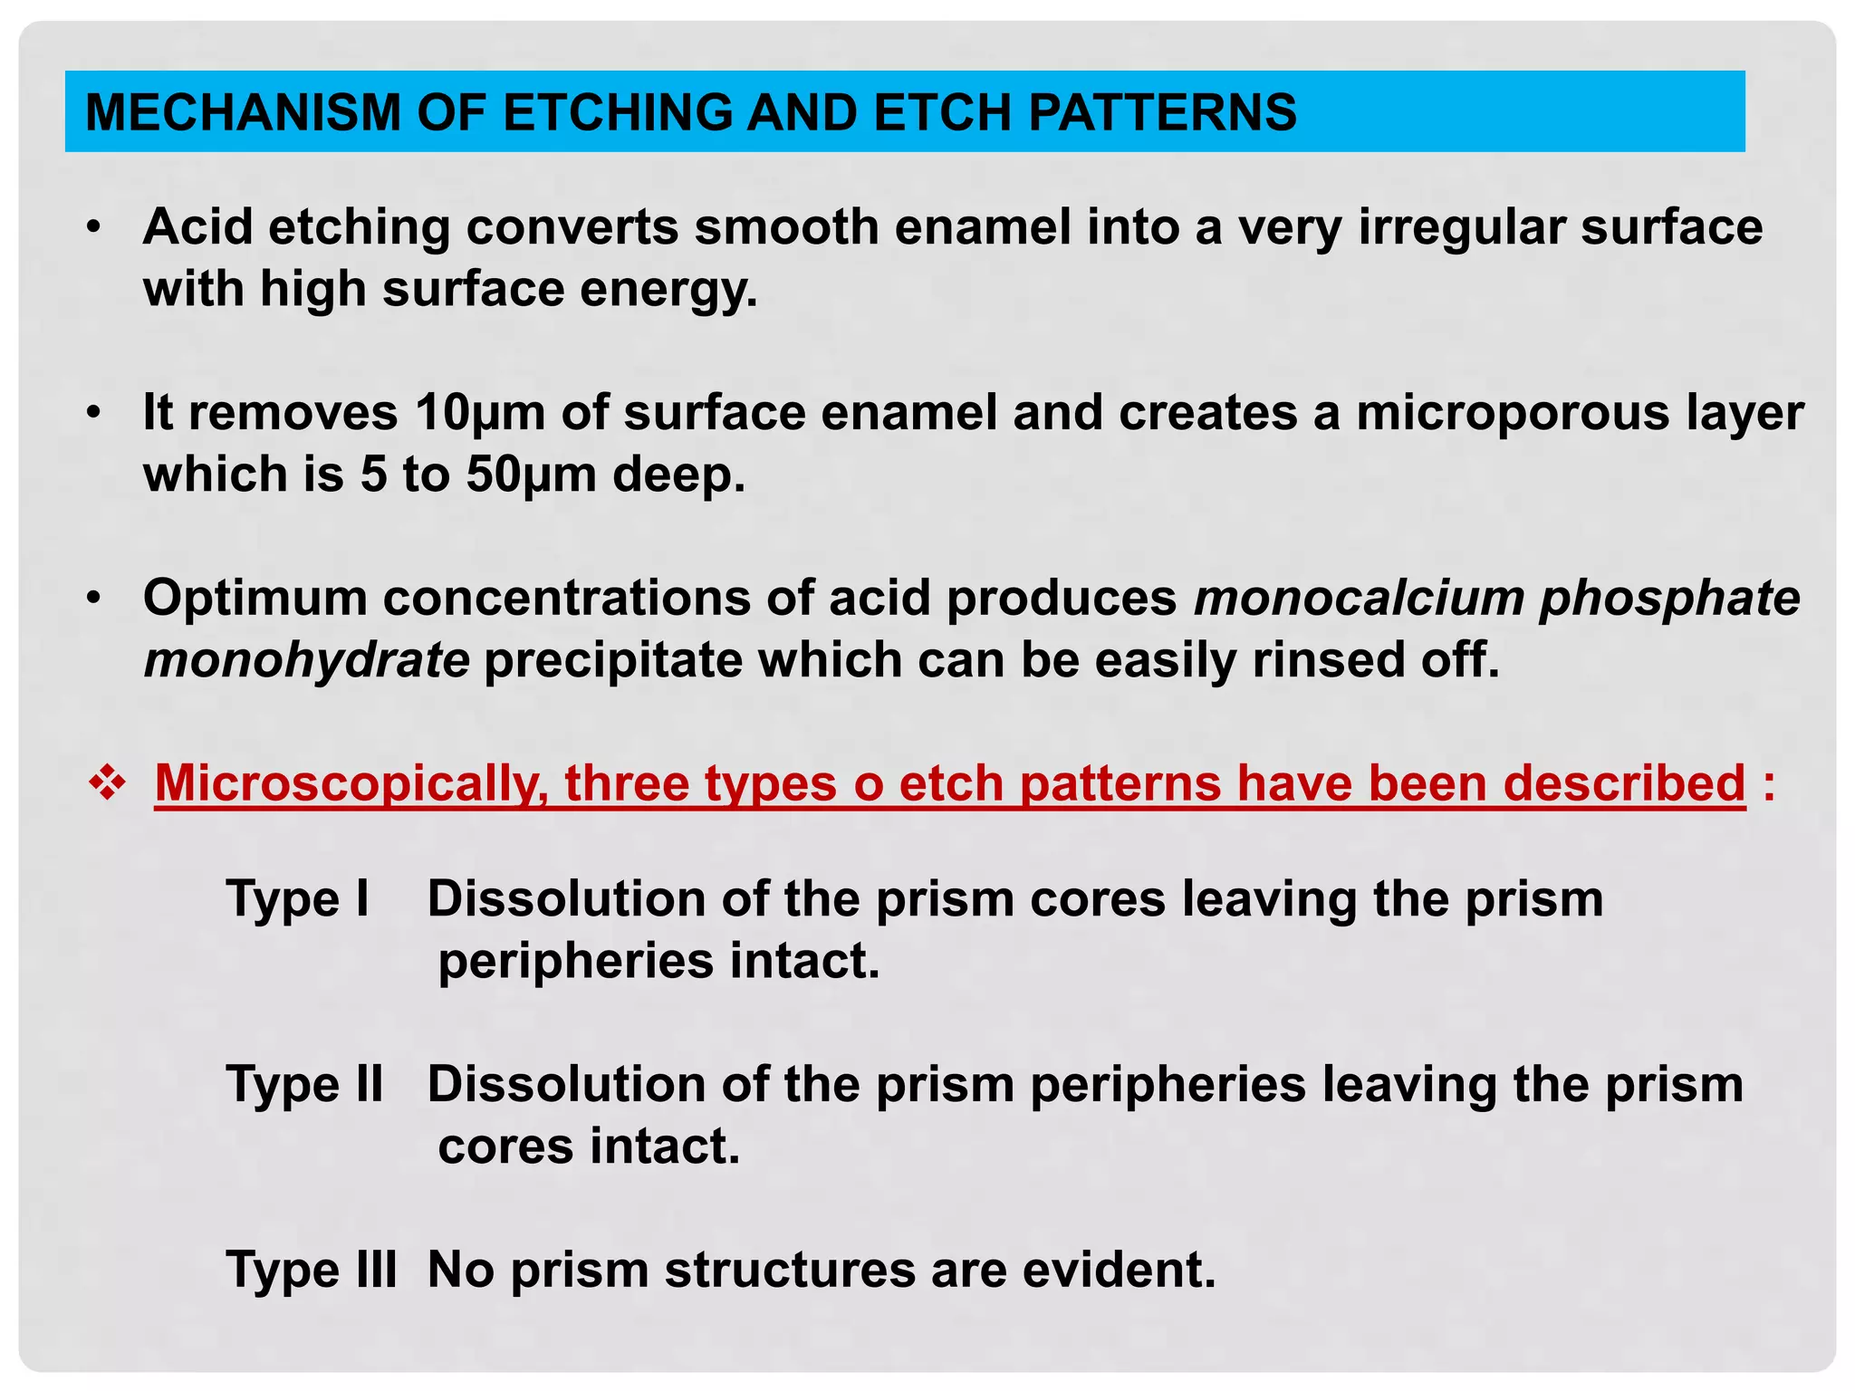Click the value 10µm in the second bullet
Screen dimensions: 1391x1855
point(480,412)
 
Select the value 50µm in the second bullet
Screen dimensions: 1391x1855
point(532,475)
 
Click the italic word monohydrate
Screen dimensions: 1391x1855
point(306,659)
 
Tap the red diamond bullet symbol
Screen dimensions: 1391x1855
point(107,782)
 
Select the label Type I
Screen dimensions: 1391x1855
point(297,898)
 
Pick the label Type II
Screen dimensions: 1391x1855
point(304,1084)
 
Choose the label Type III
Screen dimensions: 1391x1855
point(311,1269)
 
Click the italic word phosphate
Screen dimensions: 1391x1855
point(1669,598)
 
